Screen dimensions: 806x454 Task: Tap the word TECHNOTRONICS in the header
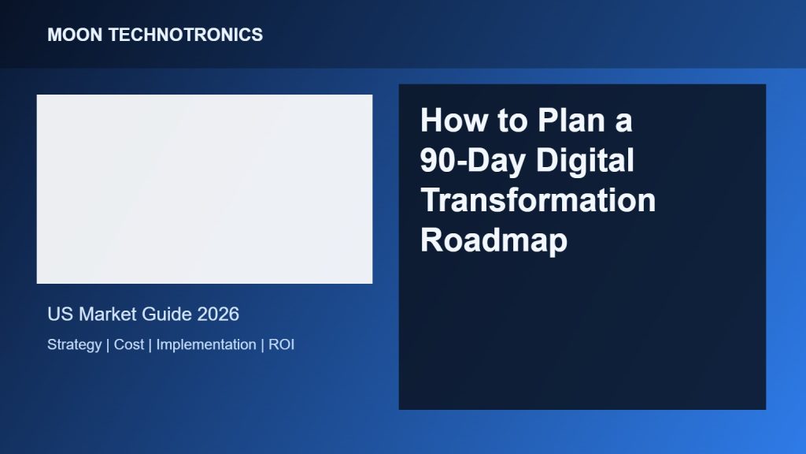(x=186, y=35)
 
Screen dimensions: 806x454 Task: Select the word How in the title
(x=453, y=121)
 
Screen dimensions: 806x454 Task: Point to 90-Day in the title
(x=473, y=161)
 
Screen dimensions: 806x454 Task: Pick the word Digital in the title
(x=585, y=161)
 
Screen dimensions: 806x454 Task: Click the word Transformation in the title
(x=538, y=200)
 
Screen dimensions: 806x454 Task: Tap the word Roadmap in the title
(x=494, y=240)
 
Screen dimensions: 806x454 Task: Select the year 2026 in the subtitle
(x=218, y=314)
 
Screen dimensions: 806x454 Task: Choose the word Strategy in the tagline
(x=75, y=345)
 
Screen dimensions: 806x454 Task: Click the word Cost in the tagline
(x=129, y=344)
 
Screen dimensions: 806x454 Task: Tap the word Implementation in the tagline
(x=206, y=345)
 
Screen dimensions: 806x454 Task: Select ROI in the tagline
(x=282, y=344)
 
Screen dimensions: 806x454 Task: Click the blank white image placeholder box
(x=205, y=189)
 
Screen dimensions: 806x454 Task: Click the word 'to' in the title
(x=512, y=121)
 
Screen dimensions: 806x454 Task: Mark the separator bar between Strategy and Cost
(x=108, y=345)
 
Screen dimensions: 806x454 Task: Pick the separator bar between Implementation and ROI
(x=263, y=345)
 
